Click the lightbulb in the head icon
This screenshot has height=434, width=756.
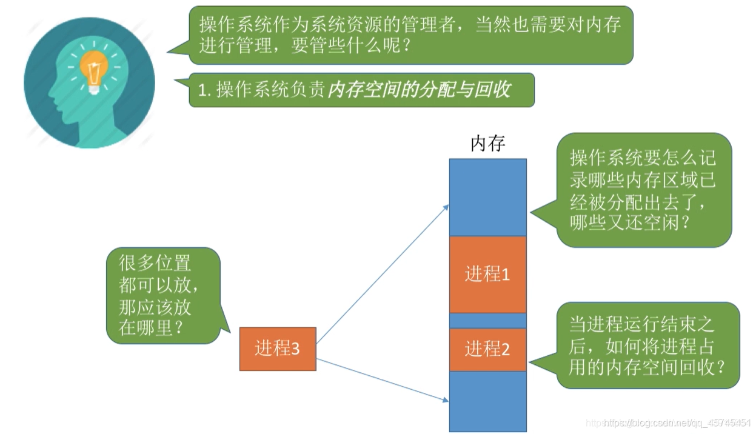(x=93, y=72)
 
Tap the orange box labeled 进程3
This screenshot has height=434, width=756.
(x=278, y=349)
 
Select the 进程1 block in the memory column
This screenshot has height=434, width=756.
(x=487, y=275)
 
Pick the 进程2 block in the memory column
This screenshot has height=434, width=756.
(x=487, y=349)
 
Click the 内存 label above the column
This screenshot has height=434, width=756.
(x=487, y=144)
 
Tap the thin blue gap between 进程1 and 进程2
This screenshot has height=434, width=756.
(x=487, y=320)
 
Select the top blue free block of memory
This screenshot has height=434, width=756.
(x=487, y=197)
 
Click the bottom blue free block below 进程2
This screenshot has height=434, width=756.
(x=487, y=400)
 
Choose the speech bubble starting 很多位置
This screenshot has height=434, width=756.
(x=162, y=295)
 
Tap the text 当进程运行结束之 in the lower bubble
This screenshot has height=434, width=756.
(x=642, y=324)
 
